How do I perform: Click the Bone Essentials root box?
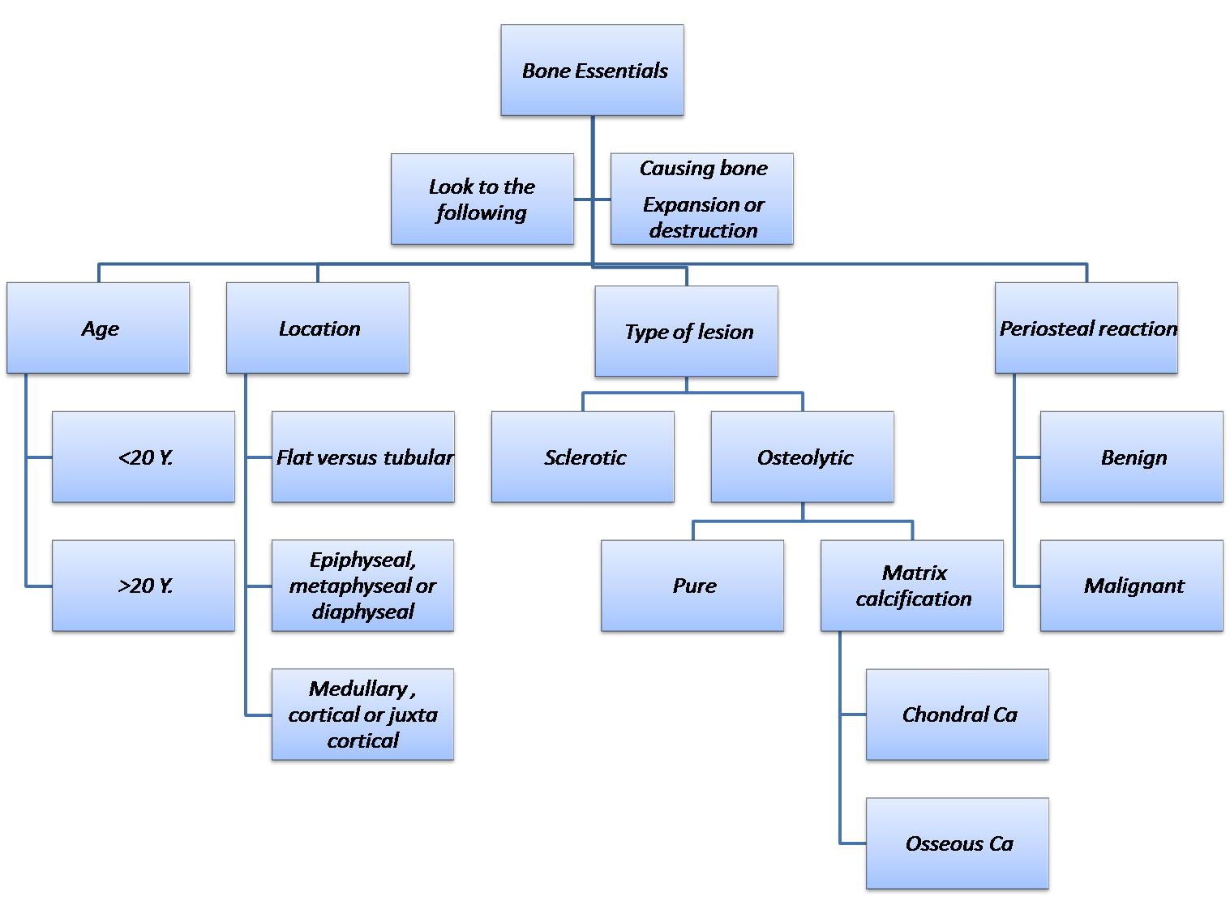(x=593, y=71)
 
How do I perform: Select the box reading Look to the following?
(x=482, y=200)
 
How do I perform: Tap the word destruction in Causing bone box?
(x=703, y=231)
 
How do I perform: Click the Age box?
(x=99, y=328)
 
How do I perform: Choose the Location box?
(x=318, y=328)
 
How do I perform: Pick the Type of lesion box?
(x=687, y=332)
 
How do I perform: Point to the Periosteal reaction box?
(x=1086, y=328)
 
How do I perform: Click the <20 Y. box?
(x=144, y=457)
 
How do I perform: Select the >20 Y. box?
(x=144, y=586)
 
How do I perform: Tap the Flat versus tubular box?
(x=363, y=457)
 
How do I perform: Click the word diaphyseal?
(x=363, y=612)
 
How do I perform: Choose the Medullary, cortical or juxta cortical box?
(x=362, y=714)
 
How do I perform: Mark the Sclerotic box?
(x=583, y=457)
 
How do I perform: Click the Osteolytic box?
(x=803, y=457)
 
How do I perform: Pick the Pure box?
(x=693, y=586)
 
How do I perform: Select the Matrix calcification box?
(x=912, y=586)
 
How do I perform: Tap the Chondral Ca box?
(x=958, y=714)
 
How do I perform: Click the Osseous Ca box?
(x=958, y=843)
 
